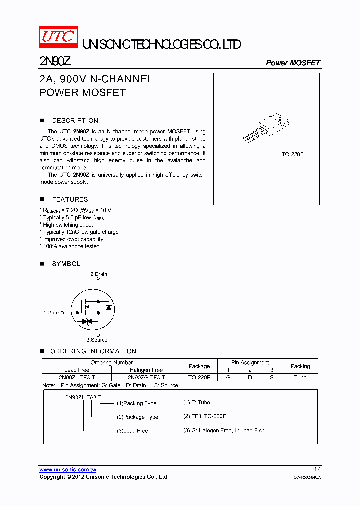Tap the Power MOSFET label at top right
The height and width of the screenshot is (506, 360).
[293, 63]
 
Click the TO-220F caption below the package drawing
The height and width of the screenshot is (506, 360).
[292, 155]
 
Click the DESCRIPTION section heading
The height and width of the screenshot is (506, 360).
[75, 121]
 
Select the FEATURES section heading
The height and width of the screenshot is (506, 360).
[70, 199]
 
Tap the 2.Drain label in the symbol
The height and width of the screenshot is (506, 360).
[98, 274]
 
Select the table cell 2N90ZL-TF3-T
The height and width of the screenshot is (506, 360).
[77, 377]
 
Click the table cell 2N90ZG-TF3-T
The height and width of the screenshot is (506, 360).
[146, 377]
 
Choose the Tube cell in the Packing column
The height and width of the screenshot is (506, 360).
[300, 377]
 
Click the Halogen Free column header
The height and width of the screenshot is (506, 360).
[146, 370]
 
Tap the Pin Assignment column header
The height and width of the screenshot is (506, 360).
[250, 362]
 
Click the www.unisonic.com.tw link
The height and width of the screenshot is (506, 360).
[68, 470]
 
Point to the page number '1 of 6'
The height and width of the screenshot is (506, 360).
[313, 469]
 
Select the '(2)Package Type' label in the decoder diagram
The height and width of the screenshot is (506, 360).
[137, 417]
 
